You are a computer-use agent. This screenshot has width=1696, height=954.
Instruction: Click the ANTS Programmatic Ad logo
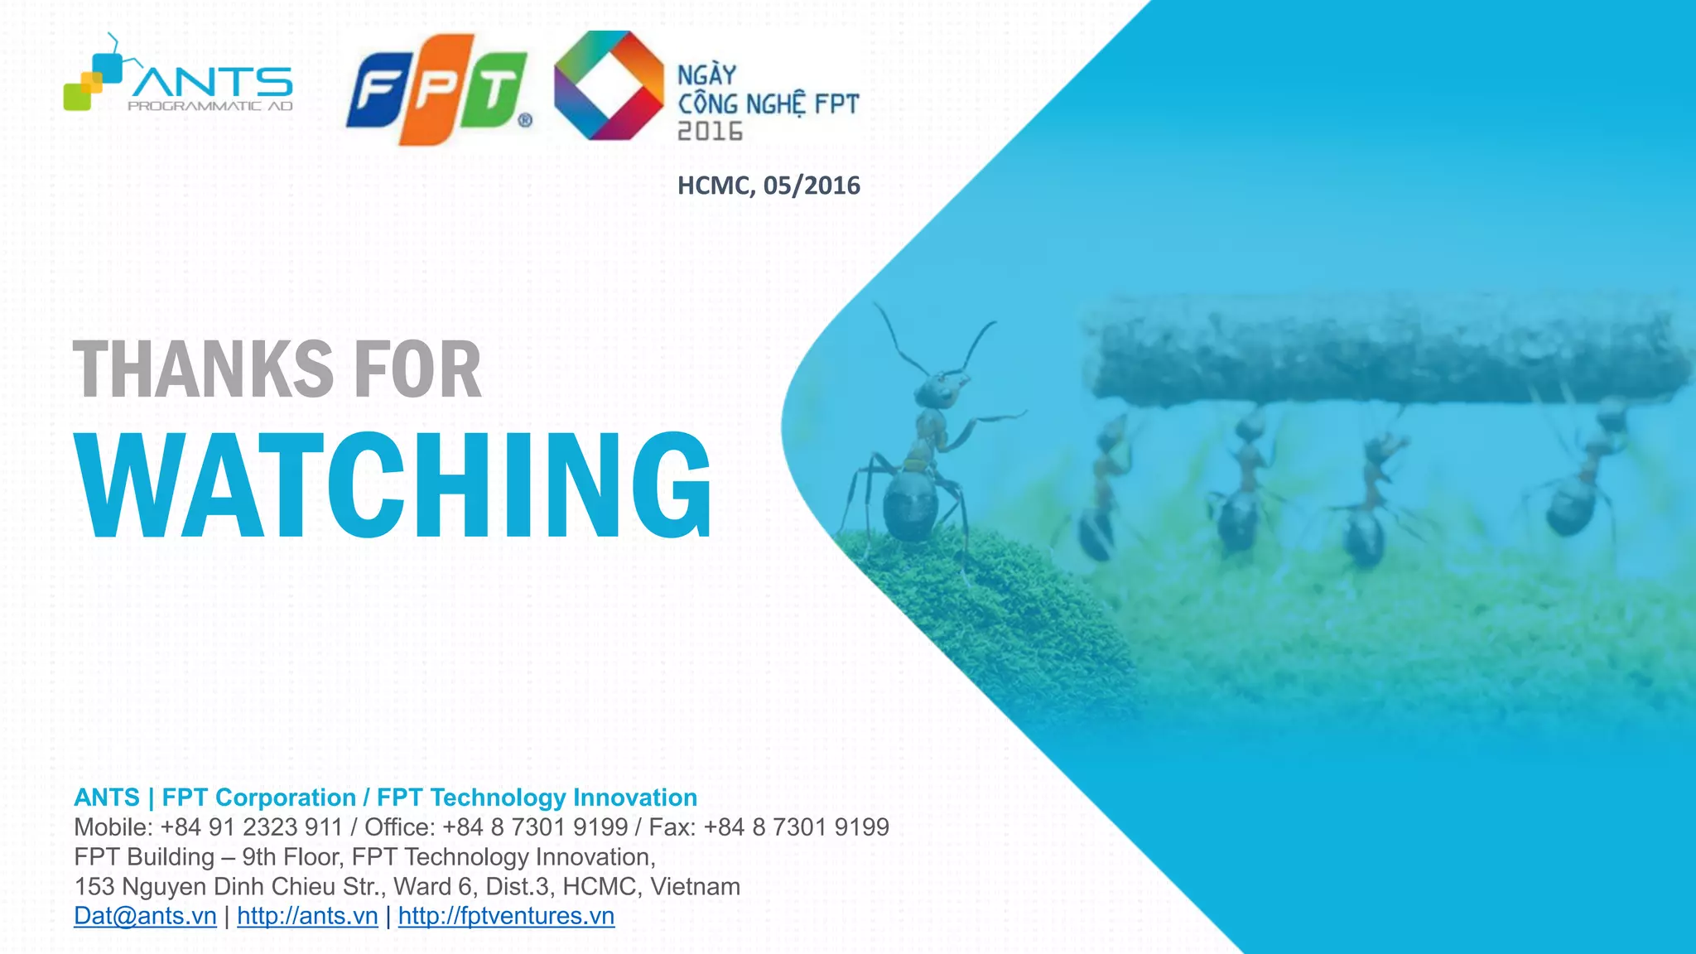(178, 79)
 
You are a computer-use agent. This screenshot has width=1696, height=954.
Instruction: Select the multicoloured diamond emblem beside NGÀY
(609, 85)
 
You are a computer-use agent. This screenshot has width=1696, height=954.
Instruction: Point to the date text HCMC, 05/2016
(768, 185)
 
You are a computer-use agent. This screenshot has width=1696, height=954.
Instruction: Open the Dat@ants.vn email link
(145, 916)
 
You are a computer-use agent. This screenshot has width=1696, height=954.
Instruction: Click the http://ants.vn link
(307, 916)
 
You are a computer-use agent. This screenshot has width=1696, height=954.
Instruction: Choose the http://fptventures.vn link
(506, 916)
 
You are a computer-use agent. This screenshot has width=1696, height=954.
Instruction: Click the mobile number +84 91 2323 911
(251, 827)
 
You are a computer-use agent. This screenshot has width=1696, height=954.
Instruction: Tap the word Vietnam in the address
(695, 887)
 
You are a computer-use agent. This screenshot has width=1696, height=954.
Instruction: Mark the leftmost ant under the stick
(1101, 497)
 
